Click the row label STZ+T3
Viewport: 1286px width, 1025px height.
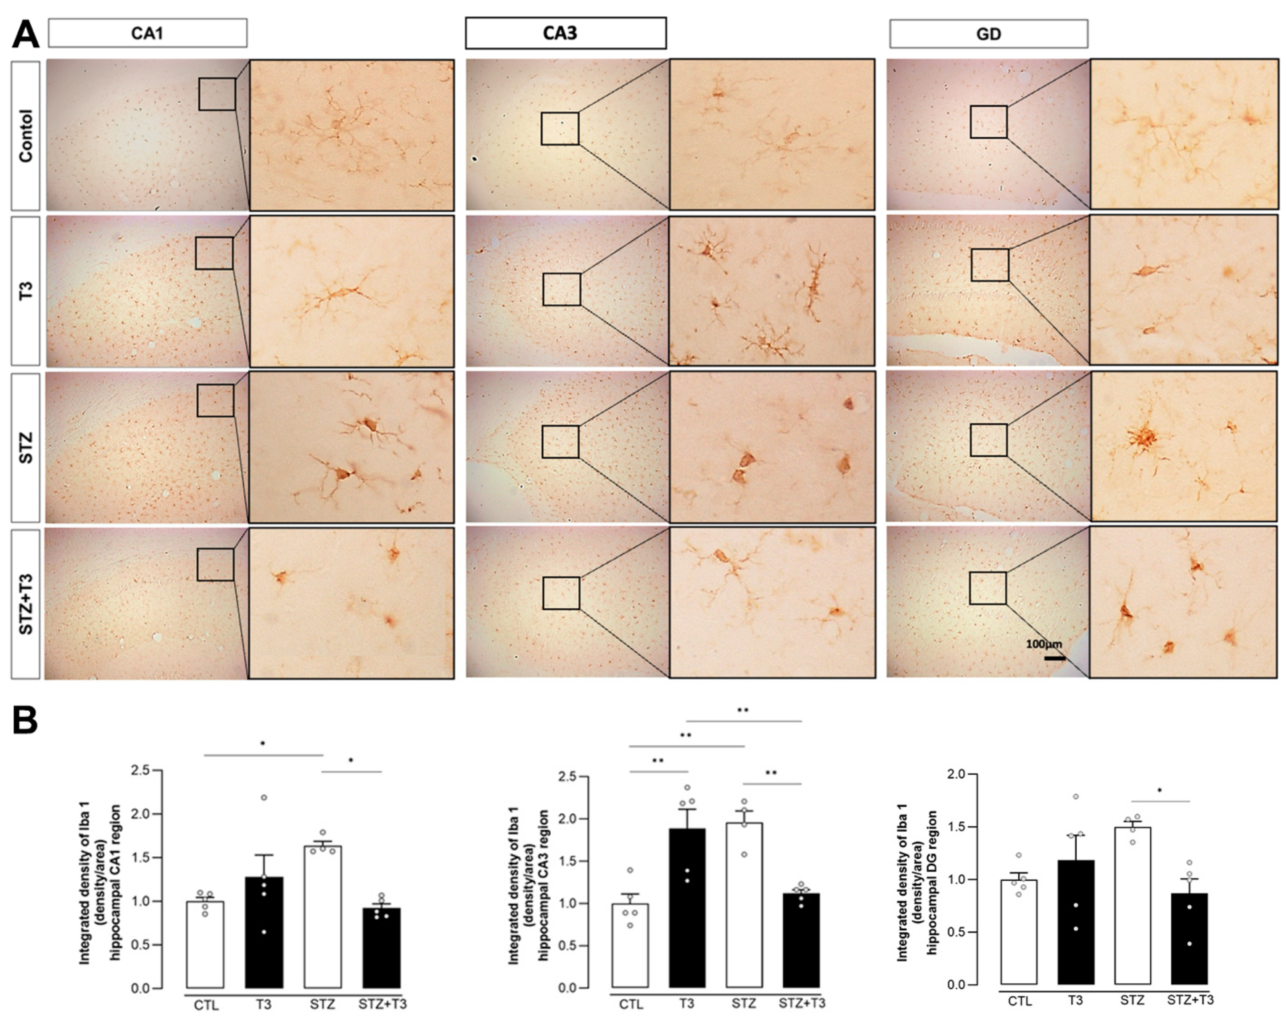point(25,604)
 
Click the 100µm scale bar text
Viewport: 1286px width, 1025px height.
point(1044,644)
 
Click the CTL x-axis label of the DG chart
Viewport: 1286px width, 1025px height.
point(1019,1001)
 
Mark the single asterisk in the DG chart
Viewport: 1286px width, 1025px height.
point(1159,791)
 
